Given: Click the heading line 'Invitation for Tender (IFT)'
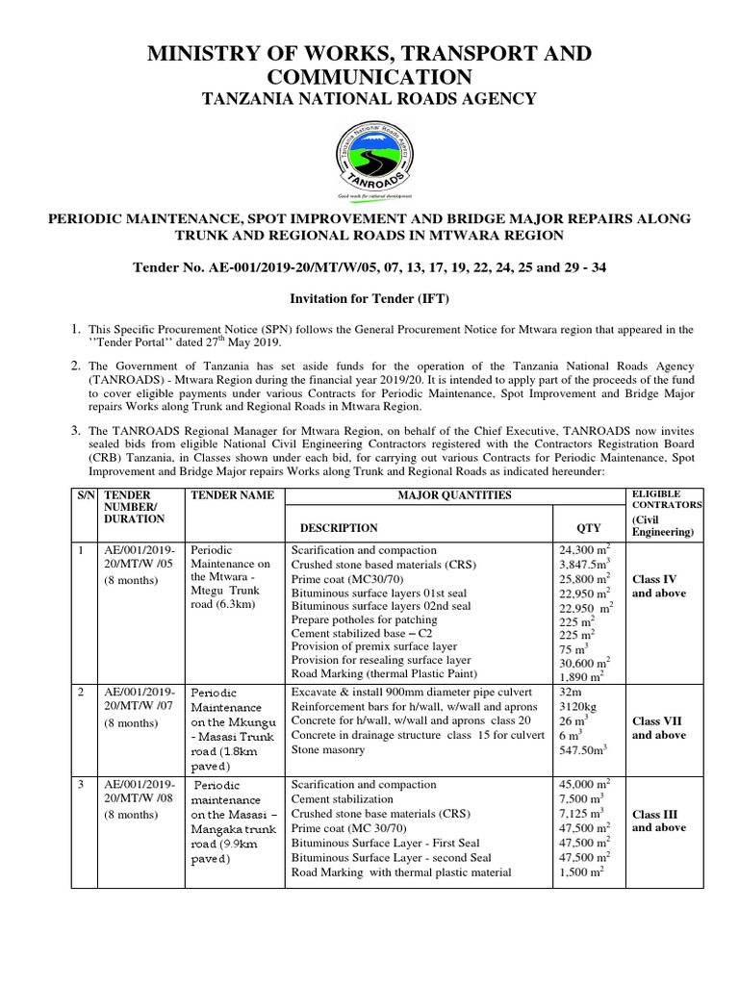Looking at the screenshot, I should pos(369,299).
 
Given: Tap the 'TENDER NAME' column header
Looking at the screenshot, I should pos(233,495).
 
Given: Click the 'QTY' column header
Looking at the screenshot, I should pos(588,528).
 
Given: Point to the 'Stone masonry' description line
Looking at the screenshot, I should pos(328,751).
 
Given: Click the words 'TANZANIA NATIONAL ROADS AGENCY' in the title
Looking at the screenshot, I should pos(369,99).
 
